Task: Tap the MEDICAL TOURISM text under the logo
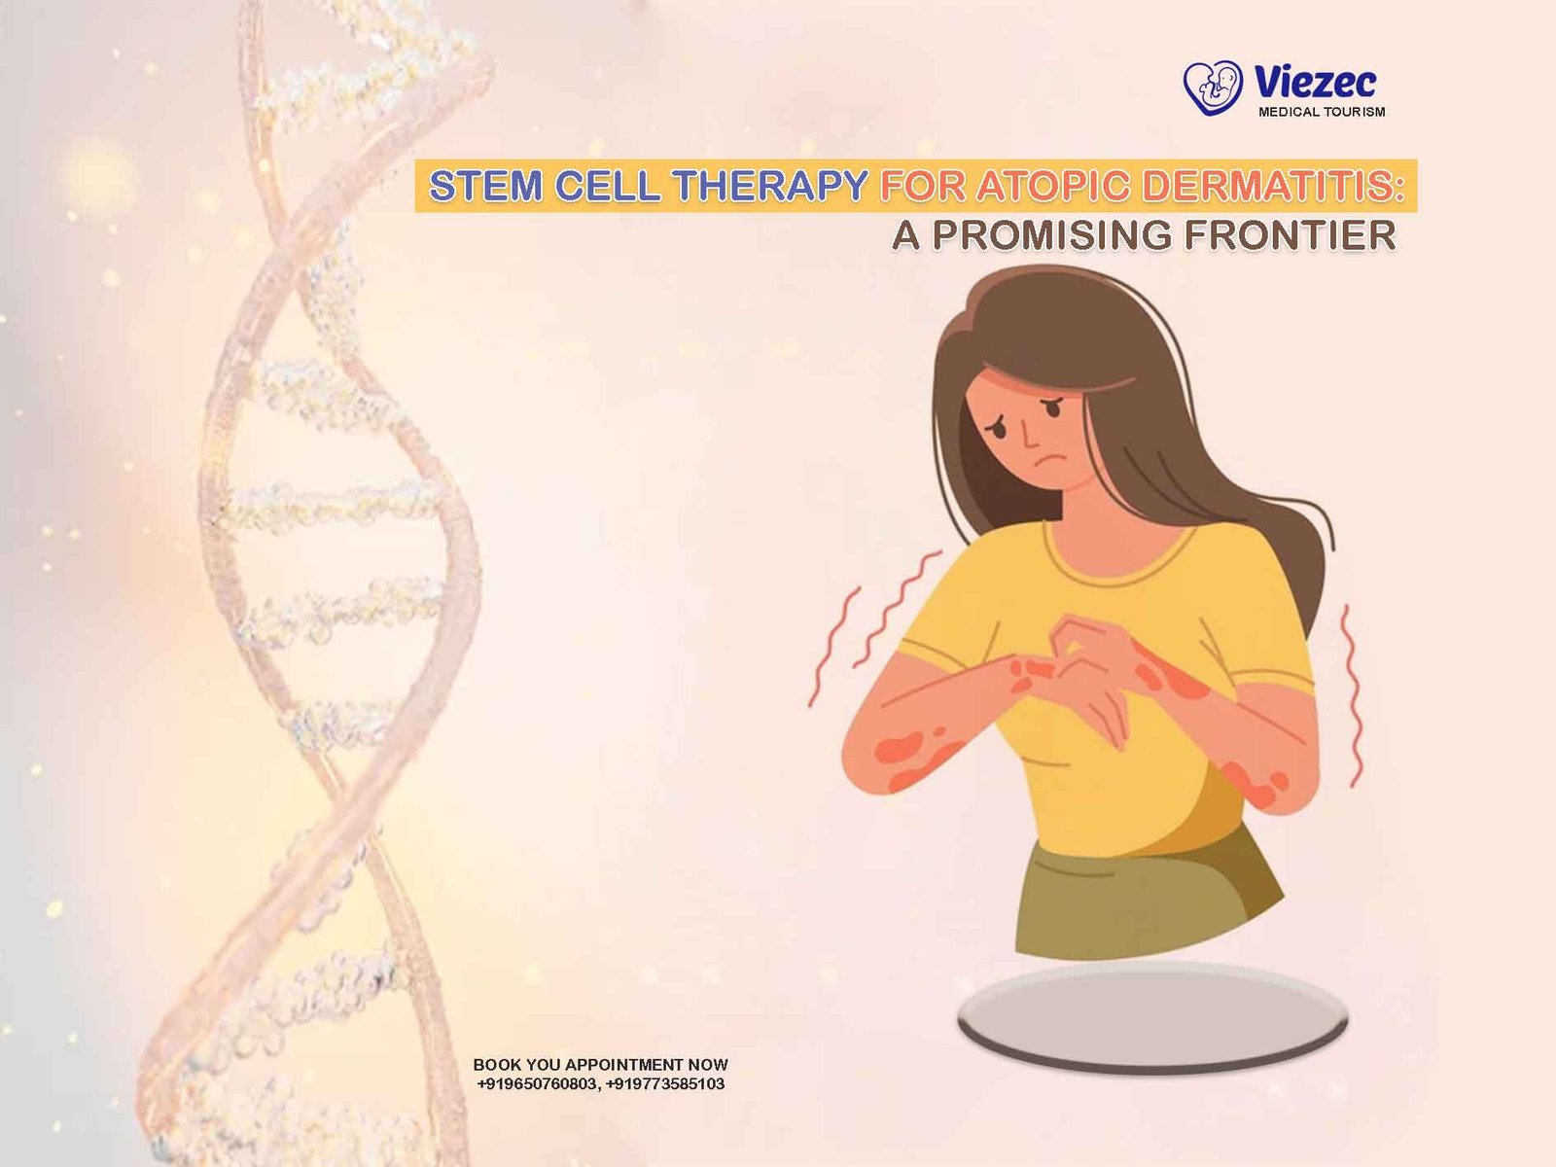point(1322,111)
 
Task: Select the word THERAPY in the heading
point(770,186)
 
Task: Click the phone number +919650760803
point(538,1083)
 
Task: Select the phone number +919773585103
point(665,1083)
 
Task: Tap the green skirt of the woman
point(1142,898)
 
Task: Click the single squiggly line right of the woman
point(1352,695)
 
